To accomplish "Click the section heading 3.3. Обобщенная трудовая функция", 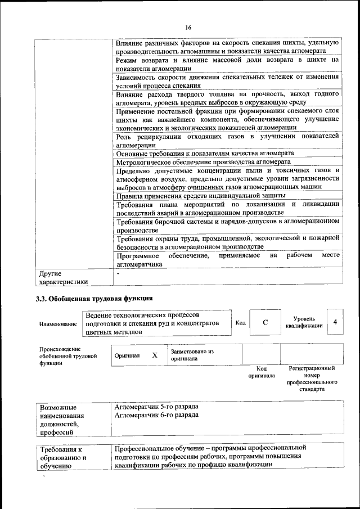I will [x=94, y=298].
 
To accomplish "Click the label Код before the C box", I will [x=240, y=322].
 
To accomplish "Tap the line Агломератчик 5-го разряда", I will [x=156, y=406].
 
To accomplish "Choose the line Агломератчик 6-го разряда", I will [x=156, y=415].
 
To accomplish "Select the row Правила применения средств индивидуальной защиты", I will [x=200, y=195].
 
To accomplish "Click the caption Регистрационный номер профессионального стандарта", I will [x=312, y=379].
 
